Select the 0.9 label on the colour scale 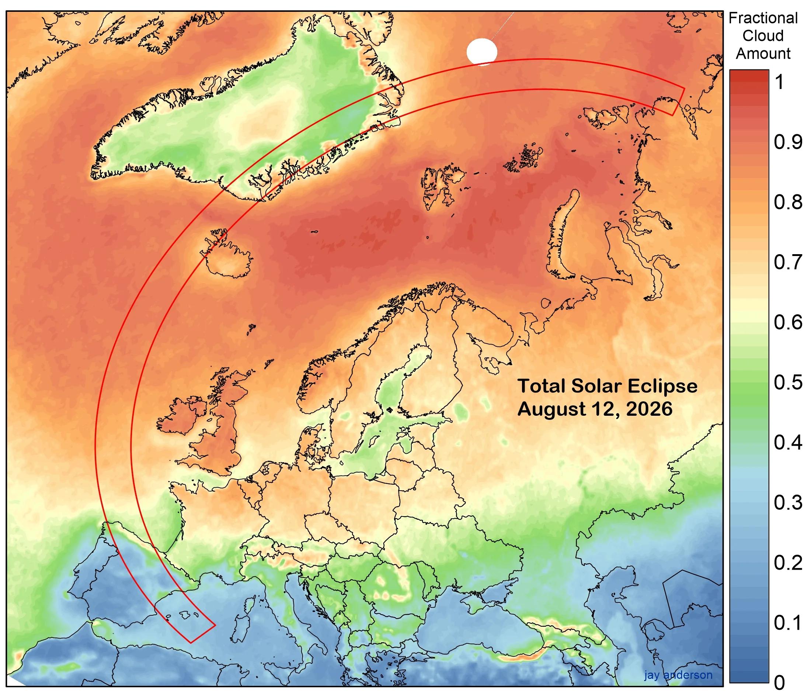point(787,142)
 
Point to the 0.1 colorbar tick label point(787,623)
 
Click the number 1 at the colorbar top point(780,82)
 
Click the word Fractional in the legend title point(763,18)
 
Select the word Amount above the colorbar point(763,53)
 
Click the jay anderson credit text point(678,675)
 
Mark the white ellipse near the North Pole point(482,51)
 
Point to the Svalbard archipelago point(442,184)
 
